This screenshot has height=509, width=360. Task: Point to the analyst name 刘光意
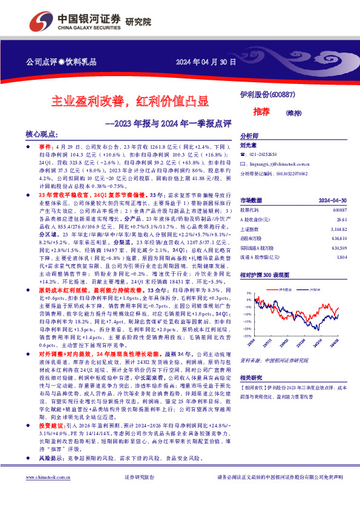(249, 145)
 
